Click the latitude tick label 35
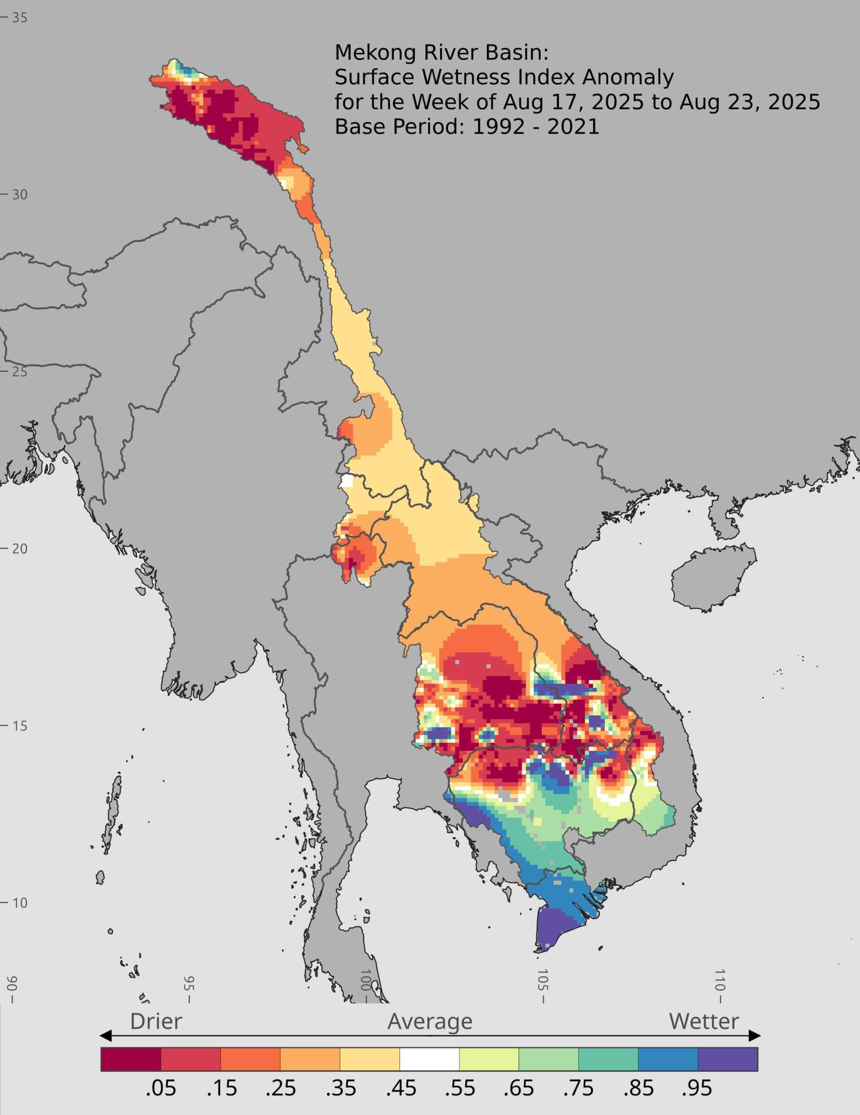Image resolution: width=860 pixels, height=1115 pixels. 20,17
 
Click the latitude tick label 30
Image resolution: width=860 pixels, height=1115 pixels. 20,195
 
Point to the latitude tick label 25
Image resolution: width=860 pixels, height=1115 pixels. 20,371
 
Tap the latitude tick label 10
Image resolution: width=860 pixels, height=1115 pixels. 20,902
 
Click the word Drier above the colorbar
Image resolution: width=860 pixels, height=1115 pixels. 155,1021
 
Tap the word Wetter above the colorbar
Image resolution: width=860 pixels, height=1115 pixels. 703,1021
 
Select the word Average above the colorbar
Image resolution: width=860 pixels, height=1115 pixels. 430,1021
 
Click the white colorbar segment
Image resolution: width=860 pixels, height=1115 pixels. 429,1059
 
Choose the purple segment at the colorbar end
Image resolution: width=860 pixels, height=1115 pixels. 727,1059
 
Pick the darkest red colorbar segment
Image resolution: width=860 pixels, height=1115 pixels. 131,1059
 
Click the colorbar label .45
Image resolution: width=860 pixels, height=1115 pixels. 401,1088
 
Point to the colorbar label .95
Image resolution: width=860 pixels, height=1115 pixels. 697,1088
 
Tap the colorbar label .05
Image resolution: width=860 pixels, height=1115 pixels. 161,1088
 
